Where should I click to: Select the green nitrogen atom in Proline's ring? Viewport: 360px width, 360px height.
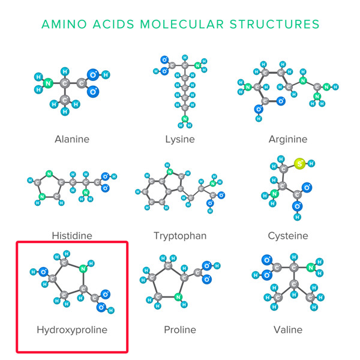click(x=178, y=296)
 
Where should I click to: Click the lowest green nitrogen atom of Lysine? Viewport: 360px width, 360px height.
click(x=185, y=118)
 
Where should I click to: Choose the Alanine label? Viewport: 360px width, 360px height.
click(x=72, y=139)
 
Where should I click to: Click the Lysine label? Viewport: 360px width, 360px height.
click(x=180, y=139)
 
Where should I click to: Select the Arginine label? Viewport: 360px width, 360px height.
click(x=288, y=139)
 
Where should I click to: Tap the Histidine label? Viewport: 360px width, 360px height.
click(x=72, y=236)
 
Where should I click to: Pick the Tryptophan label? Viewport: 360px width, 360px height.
click(x=180, y=236)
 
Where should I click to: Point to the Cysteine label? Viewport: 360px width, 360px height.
click(x=288, y=236)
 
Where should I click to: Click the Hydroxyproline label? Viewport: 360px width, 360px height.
click(x=72, y=330)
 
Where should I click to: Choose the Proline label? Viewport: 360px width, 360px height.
click(x=180, y=330)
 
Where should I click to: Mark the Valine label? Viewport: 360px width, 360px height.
click(x=288, y=330)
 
